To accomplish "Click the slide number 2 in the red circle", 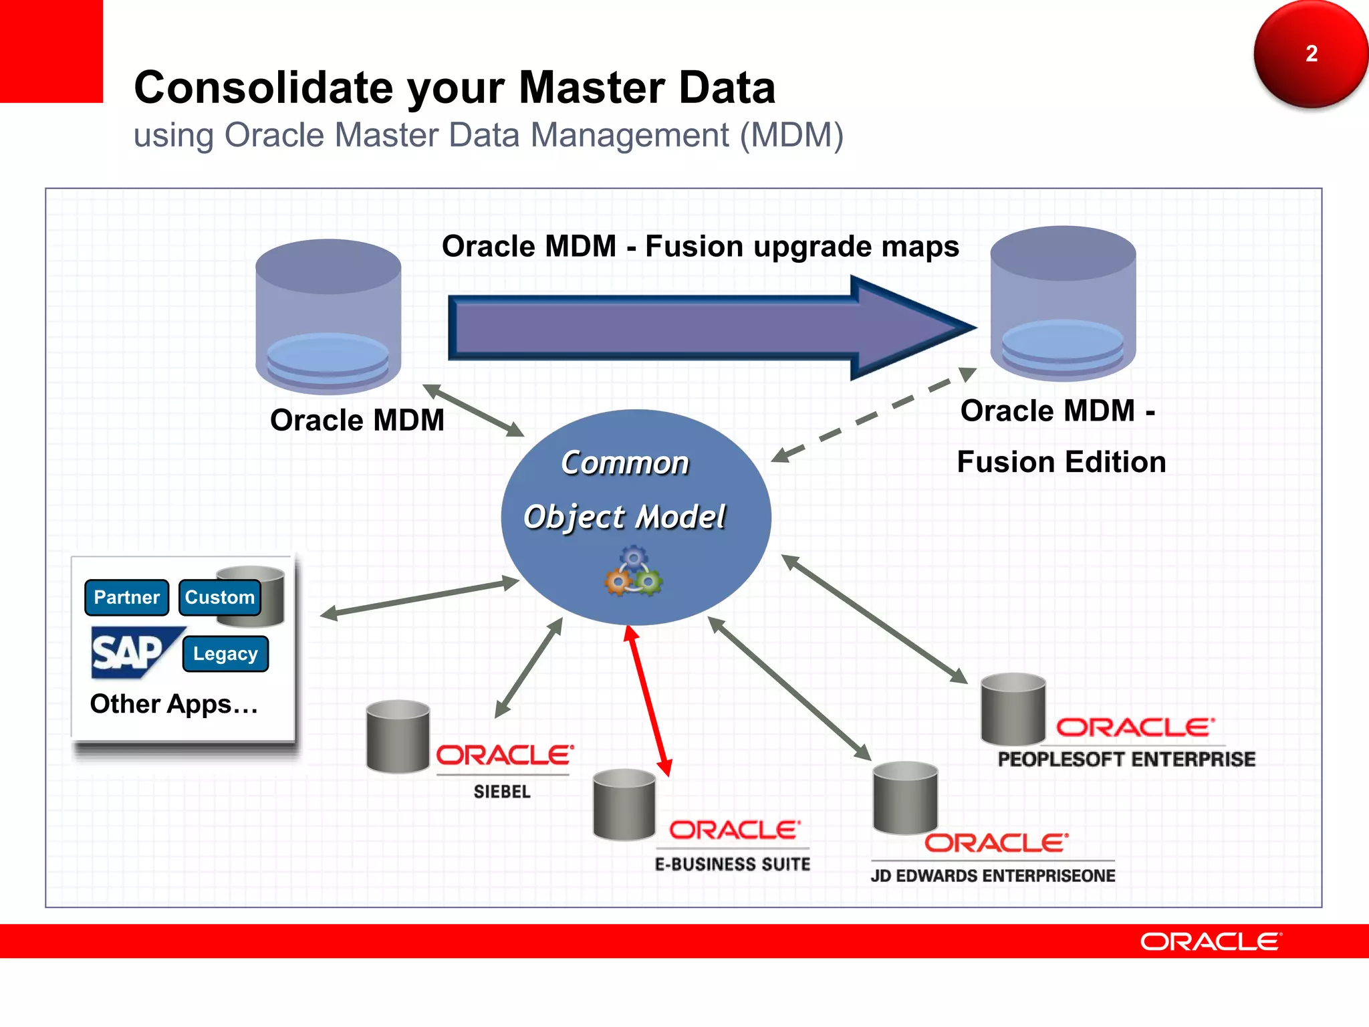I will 1311,53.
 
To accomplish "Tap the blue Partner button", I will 126,597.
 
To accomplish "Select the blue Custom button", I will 219,597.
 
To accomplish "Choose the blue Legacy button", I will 225,653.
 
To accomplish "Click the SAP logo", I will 130,651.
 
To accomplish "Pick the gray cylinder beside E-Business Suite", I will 624,804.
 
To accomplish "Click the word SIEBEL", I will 502,792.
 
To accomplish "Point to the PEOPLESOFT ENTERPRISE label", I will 1126,760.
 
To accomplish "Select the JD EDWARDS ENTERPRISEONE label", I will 993,876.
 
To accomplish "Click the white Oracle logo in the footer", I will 1211,941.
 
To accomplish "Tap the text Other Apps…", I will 174,704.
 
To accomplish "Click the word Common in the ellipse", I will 624,463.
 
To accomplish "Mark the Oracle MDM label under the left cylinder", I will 357,421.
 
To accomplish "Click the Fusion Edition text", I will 1061,462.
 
